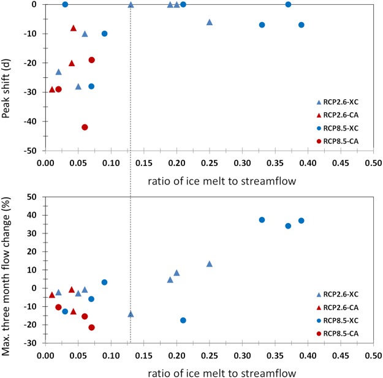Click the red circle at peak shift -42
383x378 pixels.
85,127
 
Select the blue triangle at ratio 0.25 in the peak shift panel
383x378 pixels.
210,22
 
